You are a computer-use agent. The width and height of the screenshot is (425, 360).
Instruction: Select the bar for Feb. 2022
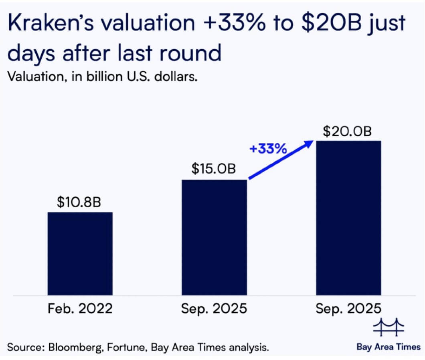click(x=80, y=253)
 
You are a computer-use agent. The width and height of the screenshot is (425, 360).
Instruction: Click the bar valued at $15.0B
click(x=215, y=237)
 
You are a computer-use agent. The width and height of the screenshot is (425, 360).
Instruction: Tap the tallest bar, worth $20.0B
click(x=348, y=218)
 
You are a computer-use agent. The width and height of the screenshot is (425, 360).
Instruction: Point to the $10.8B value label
click(x=79, y=202)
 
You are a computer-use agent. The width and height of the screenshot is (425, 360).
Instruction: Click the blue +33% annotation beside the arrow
click(x=268, y=149)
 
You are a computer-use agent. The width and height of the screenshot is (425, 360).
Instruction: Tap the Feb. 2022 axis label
click(x=80, y=309)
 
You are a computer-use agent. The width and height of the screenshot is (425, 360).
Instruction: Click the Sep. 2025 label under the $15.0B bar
click(x=214, y=309)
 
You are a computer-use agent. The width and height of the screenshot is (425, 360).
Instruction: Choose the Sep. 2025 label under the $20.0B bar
click(x=348, y=309)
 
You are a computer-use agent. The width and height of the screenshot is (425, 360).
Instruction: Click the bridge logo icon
click(x=389, y=328)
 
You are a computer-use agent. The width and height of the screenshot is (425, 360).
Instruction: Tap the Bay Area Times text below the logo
click(x=389, y=347)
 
